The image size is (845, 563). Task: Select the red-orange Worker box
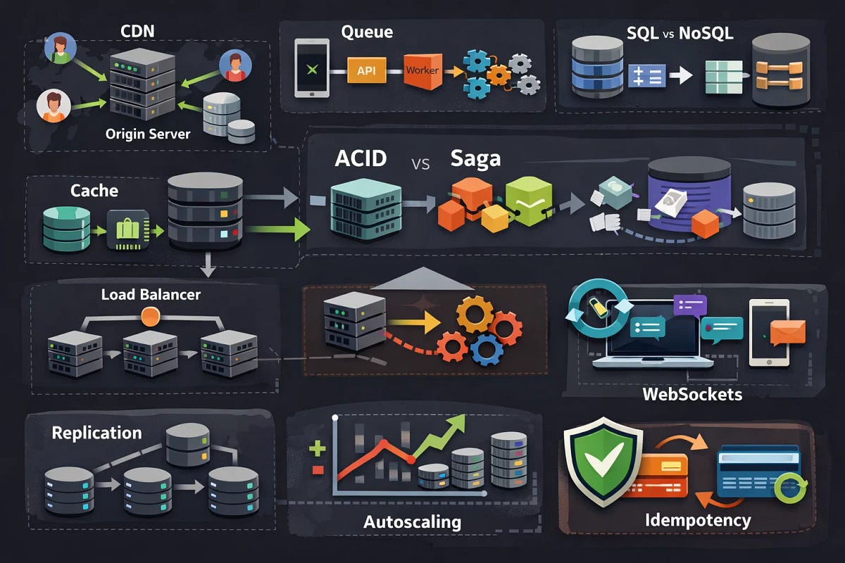click(422, 70)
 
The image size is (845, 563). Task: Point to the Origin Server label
click(148, 133)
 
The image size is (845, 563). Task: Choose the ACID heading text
click(361, 158)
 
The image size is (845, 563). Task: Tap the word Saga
click(475, 158)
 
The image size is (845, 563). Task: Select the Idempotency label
click(698, 521)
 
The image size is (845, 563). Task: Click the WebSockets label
click(692, 393)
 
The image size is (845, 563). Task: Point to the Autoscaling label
click(412, 521)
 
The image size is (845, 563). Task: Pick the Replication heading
click(96, 432)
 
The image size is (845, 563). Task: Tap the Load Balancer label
click(151, 294)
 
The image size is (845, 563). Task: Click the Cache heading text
click(94, 190)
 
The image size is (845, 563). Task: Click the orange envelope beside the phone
click(787, 331)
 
